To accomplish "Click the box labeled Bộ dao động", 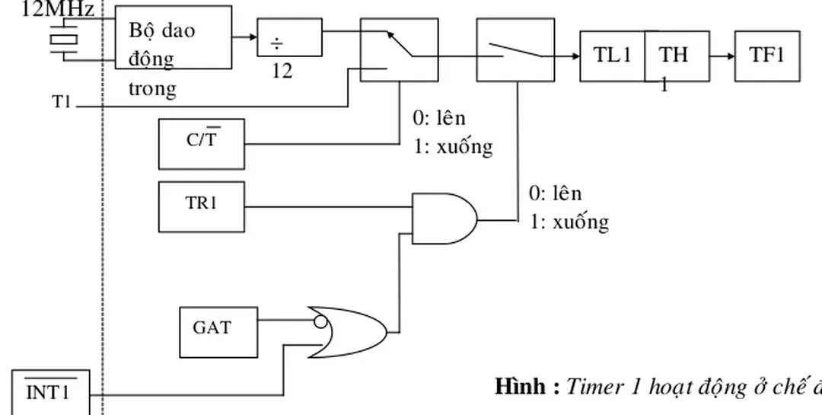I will tap(174, 37).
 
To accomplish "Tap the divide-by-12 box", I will tap(289, 37).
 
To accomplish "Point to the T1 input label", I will tap(62, 102).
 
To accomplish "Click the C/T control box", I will tap(201, 144).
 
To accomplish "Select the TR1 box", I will tap(201, 205).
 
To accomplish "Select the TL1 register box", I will tap(612, 56).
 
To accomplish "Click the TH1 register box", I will tap(677, 56).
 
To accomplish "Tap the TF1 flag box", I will tap(766, 56).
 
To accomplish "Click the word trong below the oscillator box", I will tap(151, 88).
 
